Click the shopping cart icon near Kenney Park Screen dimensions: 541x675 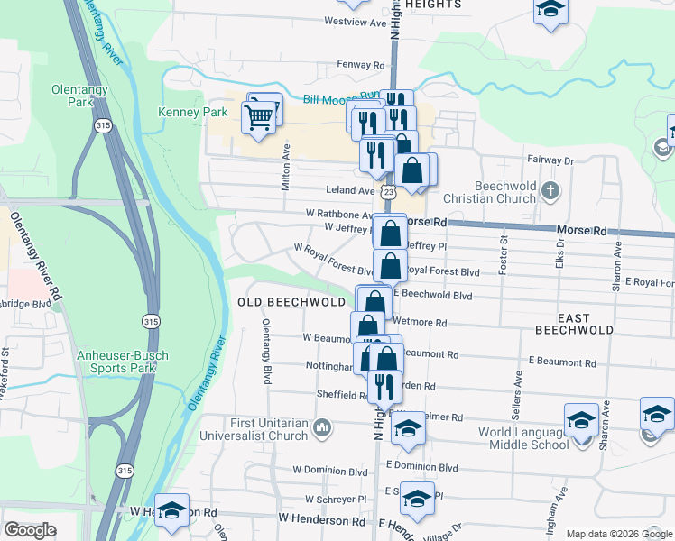[259, 118]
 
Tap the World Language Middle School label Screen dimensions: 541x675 [523, 438]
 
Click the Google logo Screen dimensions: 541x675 [30, 530]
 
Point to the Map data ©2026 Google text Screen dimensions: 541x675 [618, 534]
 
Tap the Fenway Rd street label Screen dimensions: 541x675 [360, 65]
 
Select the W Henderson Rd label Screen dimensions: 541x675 [321, 520]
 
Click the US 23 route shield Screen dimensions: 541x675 [388, 192]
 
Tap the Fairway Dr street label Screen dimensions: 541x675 [550, 160]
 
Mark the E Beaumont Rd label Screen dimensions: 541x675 [562, 362]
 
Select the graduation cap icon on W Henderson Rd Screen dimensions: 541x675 [172, 511]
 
